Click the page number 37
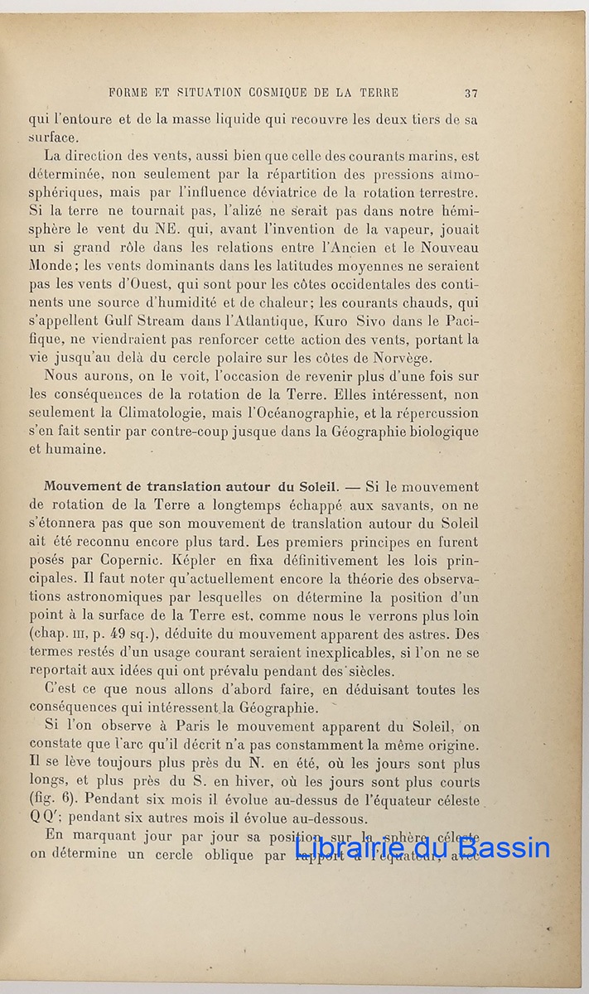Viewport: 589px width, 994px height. click(x=471, y=93)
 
